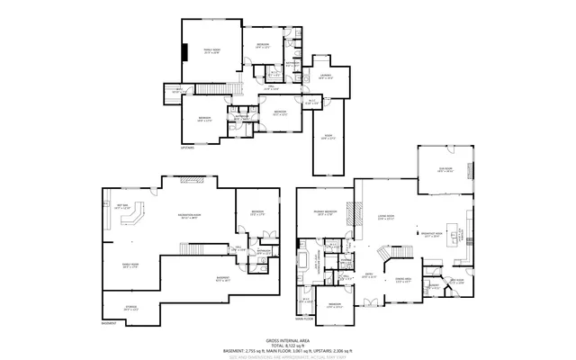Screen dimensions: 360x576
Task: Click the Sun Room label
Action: pyautogui.click(x=444, y=169)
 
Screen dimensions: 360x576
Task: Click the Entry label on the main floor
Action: pyautogui.click(x=368, y=275)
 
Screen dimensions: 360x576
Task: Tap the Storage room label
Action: pyautogui.click(x=130, y=309)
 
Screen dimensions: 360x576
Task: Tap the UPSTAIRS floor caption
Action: pyautogui.click(x=187, y=146)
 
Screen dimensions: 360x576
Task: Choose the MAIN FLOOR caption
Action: pyautogui.click(x=304, y=318)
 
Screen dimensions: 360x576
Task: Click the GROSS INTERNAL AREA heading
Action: pyautogui.click(x=287, y=338)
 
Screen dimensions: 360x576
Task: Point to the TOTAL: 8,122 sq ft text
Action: pyautogui.click(x=287, y=344)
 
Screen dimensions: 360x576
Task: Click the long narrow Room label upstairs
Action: pyautogui.click(x=328, y=137)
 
